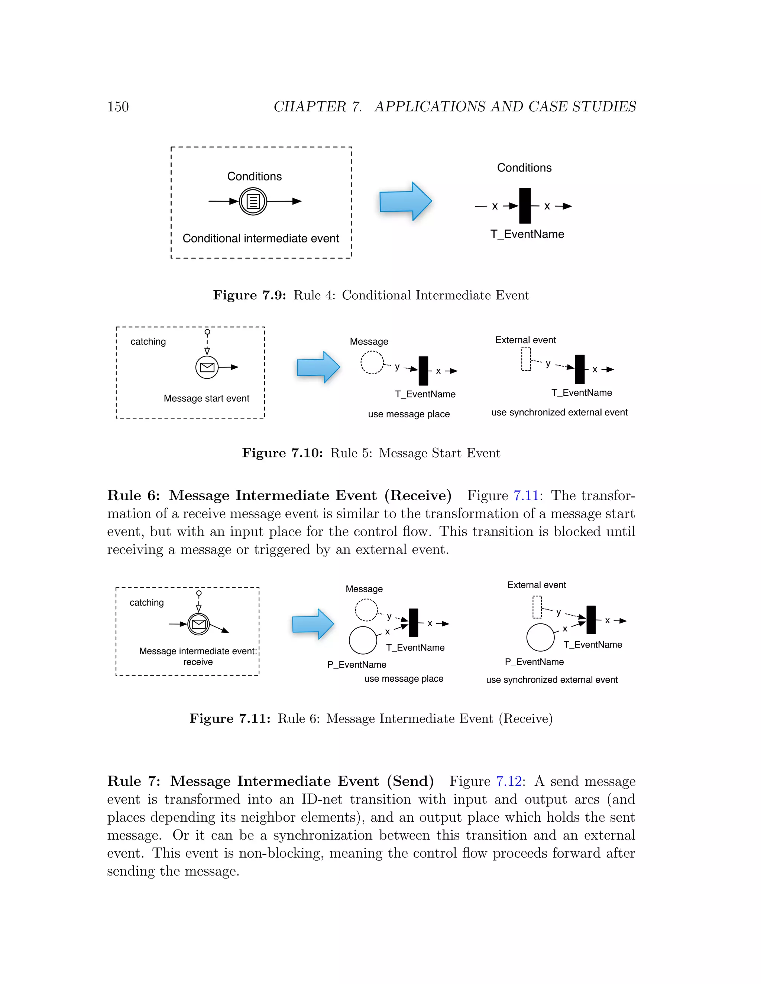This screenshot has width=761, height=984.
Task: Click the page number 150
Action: [x=118, y=107]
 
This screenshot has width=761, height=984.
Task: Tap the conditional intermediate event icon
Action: [x=253, y=201]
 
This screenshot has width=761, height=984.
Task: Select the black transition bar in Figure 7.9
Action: [x=525, y=206]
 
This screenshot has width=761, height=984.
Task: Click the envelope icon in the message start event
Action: [x=207, y=367]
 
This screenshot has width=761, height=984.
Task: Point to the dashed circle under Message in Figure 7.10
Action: [x=372, y=362]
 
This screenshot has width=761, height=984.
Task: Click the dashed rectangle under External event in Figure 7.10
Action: [x=526, y=359]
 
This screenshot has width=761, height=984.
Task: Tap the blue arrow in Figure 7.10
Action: [x=318, y=367]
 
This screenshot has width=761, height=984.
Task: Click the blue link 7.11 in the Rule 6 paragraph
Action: [x=526, y=496]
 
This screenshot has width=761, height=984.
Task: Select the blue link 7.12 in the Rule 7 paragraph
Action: [x=509, y=781]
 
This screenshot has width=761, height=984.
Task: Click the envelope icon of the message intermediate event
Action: [x=199, y=624]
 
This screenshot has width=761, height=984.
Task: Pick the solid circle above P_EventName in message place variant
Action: [x=363, y=640]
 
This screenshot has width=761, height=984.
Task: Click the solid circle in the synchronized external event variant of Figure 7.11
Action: [x=540, y=637]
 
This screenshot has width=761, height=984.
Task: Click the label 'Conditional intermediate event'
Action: [x=260, y=238]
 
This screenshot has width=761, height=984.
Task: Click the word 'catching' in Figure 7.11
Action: [x=146, y=603]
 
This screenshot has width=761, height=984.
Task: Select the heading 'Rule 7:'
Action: [x=133, y=781]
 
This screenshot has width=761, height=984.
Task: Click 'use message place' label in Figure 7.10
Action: [x=408, y=414]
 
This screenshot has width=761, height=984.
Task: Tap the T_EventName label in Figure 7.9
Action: [x=527, y=234]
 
